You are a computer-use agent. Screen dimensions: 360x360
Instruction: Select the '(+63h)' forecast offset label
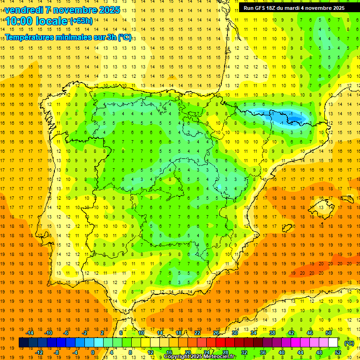(x=81, y=21)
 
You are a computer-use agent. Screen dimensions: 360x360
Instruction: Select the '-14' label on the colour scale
(x=30, y=333)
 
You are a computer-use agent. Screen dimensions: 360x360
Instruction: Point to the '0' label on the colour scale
(x=92, y=352)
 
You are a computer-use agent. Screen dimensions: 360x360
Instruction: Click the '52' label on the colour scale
(x=337, y=352)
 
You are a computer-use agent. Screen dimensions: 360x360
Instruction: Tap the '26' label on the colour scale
(x=216, y=333)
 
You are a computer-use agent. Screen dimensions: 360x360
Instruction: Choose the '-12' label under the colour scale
(x=39, y=352)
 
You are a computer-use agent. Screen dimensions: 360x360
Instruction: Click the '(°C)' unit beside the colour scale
(x=349, y=343)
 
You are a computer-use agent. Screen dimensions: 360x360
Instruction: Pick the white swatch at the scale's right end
(x=333, y=343)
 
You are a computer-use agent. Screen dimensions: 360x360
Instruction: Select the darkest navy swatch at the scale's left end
(x=23, y=343)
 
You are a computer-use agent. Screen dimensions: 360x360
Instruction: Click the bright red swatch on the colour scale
(x=220, y=343)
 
